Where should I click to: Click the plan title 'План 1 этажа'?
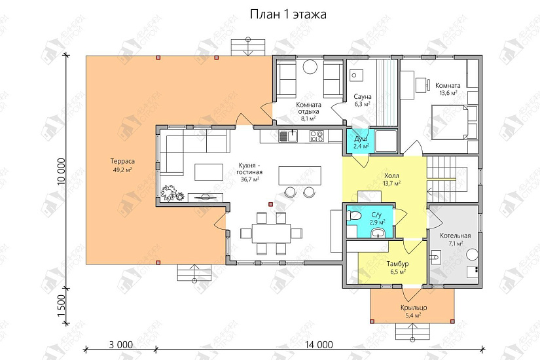[288, 14]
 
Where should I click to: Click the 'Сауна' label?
[362, 96]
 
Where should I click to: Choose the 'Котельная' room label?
[456, 235]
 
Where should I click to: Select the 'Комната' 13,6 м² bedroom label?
[448, 85]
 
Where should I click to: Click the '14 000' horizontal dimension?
[319, 344]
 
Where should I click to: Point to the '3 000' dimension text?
[121, 344]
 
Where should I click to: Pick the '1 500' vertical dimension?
[62, 305]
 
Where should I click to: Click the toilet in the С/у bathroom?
[354, 216]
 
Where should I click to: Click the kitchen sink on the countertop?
[288, 136]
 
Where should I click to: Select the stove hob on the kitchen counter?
[317, 136]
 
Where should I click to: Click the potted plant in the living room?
[173, 194]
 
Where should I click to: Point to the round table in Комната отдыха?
[310, 68]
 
